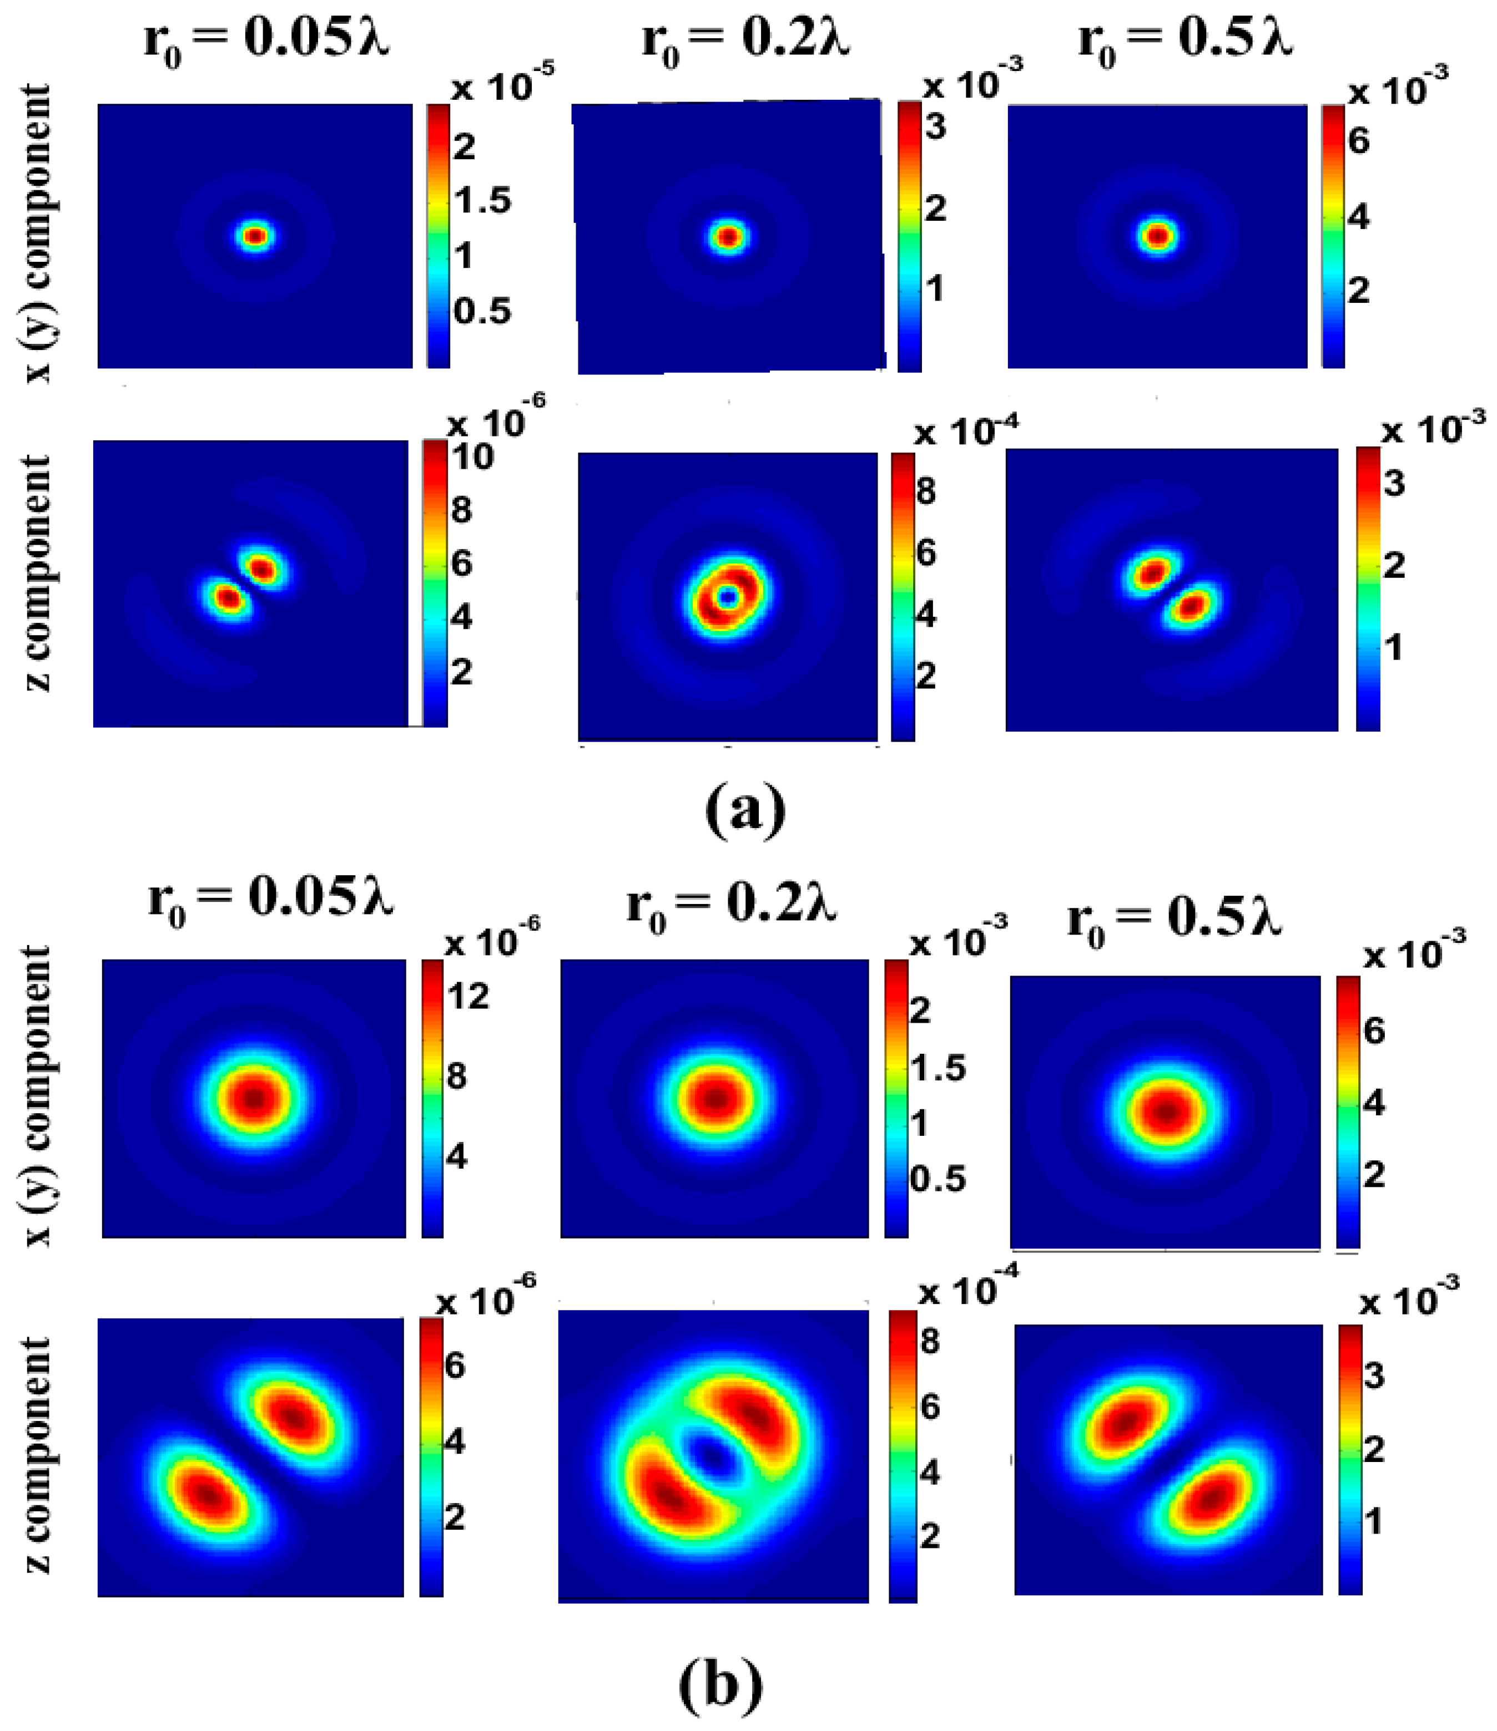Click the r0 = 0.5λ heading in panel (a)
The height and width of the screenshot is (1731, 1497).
click(x=1185, y=40)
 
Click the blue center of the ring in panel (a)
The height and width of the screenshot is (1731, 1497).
click(x=728, y=596)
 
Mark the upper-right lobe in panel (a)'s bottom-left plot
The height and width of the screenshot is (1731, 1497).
click(x=263, y=570)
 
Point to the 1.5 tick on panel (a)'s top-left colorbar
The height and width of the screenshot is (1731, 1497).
click(x=482, y=201)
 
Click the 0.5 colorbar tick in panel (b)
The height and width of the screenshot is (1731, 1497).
click(x=937, y=1178)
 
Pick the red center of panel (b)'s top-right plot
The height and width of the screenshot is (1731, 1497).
click(x=1167, y=1111)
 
